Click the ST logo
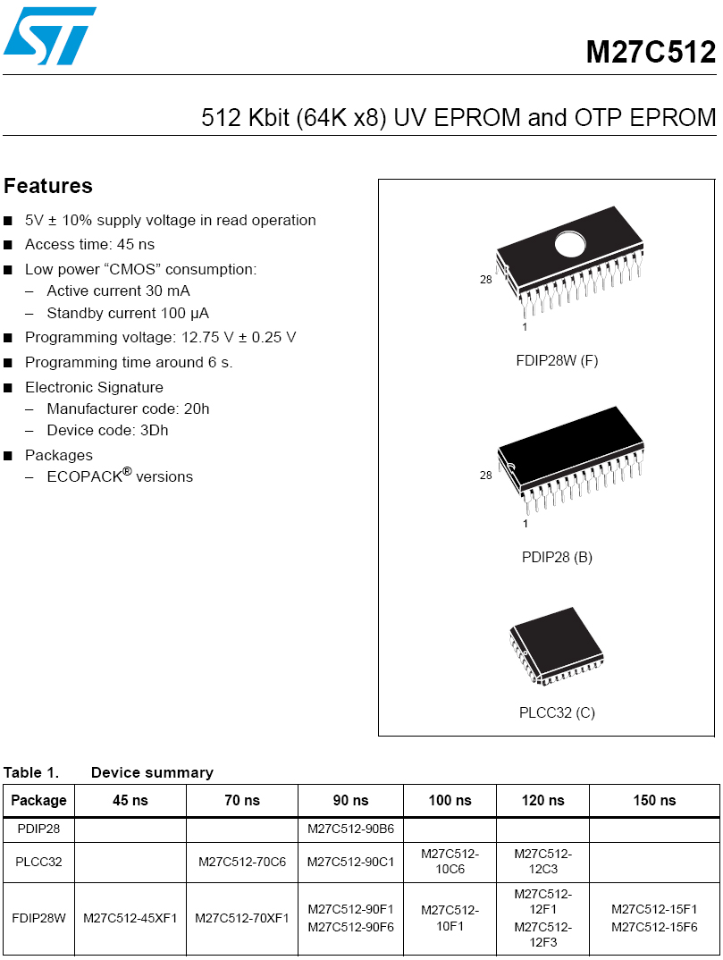pos(49,36)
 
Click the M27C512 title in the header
pos(650,52)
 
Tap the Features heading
pos(48,186)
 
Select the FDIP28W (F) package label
pos(557,361)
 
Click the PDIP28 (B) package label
pos(557,557)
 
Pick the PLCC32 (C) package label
pos(557,712)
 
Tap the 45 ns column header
pos(130,800)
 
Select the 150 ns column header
pos(654,800)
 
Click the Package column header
pos(38,800)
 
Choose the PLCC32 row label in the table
pos(38,863)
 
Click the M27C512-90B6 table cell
pos(350,829)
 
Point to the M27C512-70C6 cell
pos(241,863)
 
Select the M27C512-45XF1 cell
pos(130,918)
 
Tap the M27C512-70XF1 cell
pos(241,918)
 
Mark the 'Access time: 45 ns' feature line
pos(89,244)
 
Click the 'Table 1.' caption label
pos(31,772)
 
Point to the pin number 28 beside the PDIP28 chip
pos(485,476)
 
